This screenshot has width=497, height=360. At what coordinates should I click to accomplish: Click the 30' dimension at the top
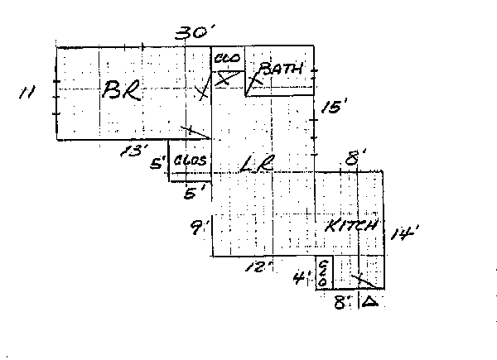pyautogui.click(x=195, y=33)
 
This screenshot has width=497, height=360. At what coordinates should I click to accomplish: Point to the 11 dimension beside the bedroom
pyautogui.click(x=27, y=93)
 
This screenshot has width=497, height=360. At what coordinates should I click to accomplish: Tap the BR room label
pyautogui.click(x=120, y=91)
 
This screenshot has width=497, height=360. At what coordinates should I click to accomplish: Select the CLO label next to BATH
pyautogui.click(x=227, y=59)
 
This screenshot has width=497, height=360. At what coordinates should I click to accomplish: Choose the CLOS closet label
pyautogui.click(x=190, y=160)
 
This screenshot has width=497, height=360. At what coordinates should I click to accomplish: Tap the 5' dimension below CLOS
pyautogui.click(x=193, y=194)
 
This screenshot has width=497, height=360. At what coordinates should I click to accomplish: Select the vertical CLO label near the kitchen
pyautogui.click(x=323, y=272)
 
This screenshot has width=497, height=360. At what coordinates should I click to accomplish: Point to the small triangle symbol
pyautogui.click(x=370, y=302)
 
